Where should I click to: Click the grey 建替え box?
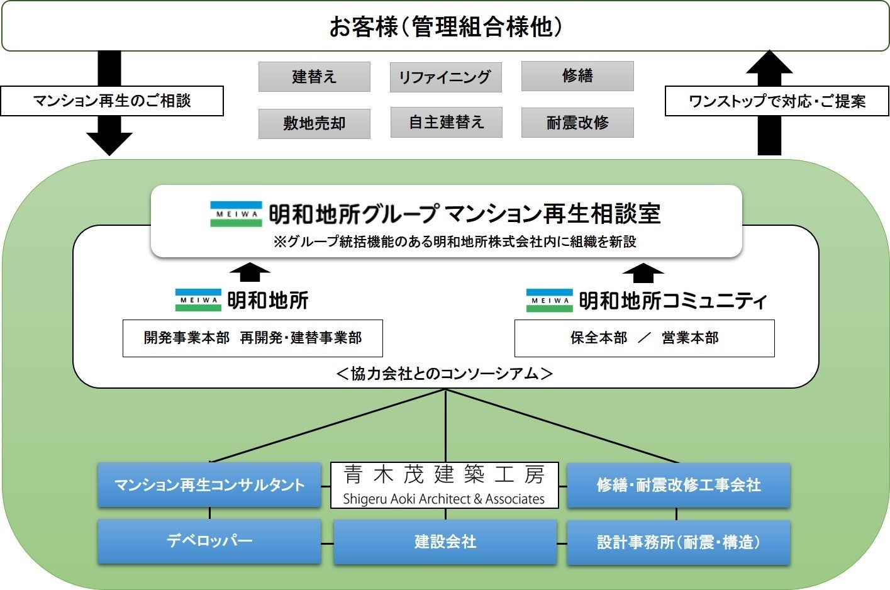click(x=314, y=77)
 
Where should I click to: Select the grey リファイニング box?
click(x=445, y=77)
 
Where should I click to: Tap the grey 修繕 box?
click(x=577, y=76)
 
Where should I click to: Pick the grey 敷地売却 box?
click(x=314, y=123)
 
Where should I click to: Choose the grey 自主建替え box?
click(x=446, y=122)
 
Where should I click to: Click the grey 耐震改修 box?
click(x=577, y=123)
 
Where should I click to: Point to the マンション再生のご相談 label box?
click(x=112, y=101)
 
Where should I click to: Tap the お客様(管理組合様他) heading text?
click(x=445, y=27)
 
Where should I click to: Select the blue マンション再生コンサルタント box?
click(x=209, y=485)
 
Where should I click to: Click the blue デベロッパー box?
click(x=209, y=541)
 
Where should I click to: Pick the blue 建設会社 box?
click(x=445, y=542)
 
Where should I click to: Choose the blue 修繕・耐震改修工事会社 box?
click(x=678, y=485)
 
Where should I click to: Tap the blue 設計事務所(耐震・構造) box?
click(x=678, y=542)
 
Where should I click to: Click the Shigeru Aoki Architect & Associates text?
click(x=444, y=499)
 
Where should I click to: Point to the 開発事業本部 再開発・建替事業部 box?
click(x=252, y=338)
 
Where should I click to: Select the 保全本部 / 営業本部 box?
click(x=644, y=338)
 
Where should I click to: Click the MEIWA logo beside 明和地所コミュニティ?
click(x=549, y=301)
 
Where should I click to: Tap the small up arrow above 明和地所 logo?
click(x=250, y=272)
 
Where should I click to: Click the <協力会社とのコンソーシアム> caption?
click(x=445, y=374)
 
